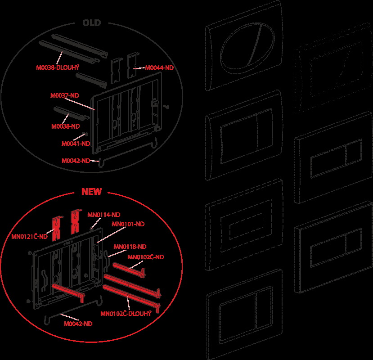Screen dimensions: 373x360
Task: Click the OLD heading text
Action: point(92,23)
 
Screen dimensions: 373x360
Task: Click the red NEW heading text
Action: point(92,192)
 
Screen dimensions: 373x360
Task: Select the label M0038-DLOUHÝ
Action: point(58,67)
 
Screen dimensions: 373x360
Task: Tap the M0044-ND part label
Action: point(159,68)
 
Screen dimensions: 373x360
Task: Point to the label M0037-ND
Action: point(64,95)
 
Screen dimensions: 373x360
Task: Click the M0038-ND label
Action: point(65,126)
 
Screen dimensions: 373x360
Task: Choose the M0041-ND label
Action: point(76,144)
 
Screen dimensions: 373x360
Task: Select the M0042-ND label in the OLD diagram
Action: point(76,161)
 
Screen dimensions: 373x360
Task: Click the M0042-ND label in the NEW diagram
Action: point(78,324)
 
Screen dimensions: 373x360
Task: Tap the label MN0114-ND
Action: point(104,215)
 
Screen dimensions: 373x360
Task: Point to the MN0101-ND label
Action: point(128,224)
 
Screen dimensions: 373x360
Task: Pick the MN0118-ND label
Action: point(130,247)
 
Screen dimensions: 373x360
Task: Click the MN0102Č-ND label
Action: point(146,257)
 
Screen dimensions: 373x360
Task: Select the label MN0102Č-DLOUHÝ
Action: point(126,313)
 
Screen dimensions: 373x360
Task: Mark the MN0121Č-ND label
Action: point(30,236)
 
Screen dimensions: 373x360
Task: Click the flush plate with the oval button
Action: point(244,46)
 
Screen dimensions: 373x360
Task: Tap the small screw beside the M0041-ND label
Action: point(86,134)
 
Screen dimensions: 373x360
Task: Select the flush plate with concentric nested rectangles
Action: point(244,225)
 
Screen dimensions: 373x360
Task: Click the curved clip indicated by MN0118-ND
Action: point(106,261)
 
